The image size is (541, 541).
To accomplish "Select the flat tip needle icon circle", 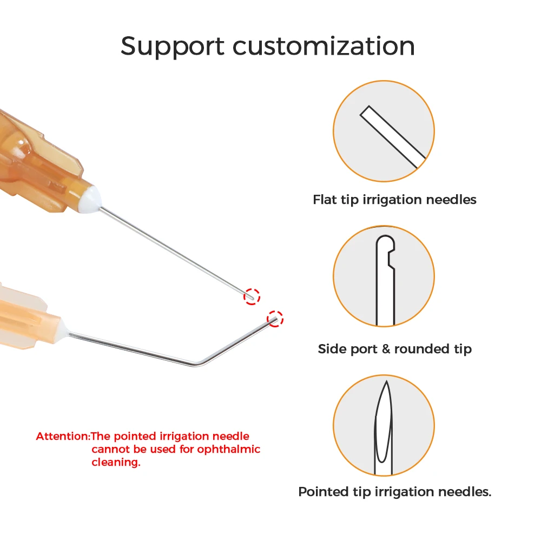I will point(384,131).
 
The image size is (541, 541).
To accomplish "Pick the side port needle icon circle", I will point(384,276).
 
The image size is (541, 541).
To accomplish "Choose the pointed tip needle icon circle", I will point(384,425).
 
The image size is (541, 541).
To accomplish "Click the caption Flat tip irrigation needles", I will point(394,200).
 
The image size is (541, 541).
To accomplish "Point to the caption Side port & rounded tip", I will point(394,349).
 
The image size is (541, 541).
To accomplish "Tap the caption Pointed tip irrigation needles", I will point(394,492).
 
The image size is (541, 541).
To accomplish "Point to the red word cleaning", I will point(115,463).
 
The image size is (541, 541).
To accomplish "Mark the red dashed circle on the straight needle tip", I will point(252,296).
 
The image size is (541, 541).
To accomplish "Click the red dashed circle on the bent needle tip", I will point(275,319).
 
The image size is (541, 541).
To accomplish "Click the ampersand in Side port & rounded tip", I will point(385,349).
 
